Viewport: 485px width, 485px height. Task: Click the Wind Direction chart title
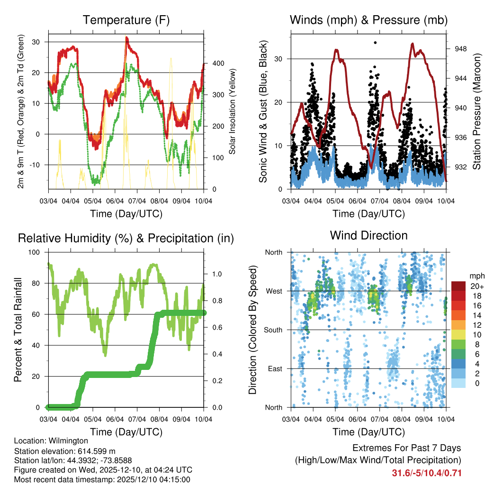click(x=368, y=235)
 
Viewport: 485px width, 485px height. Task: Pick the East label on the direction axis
click(x=274, y=369)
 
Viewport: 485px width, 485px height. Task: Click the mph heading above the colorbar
click(x=476, y=276)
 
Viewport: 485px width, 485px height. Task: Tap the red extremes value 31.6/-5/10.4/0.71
click(x=427, y=473)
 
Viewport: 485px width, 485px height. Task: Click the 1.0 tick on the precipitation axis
click(x=217, y=274)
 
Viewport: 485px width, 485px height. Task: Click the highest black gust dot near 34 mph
click(x=375, y=43)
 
